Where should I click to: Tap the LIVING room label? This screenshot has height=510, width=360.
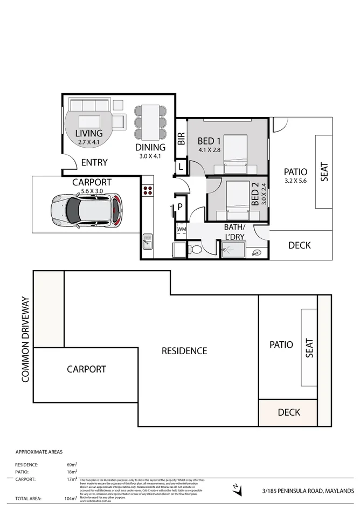[89, 133]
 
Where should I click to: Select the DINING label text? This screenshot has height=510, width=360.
[150, 147]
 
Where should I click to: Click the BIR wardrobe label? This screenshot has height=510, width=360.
[181, 139]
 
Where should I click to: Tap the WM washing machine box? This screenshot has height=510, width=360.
[181, 230]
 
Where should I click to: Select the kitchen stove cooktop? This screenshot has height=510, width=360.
[148, 190]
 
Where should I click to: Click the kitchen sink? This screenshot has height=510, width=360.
[148, 240]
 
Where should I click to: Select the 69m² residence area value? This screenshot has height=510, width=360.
[71, 464]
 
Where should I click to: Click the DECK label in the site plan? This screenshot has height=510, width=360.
[288, 412]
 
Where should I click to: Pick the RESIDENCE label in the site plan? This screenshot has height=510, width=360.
[184, 351]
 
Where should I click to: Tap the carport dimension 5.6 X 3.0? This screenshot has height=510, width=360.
[92, 190]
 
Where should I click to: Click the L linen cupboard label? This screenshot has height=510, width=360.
[181, 168]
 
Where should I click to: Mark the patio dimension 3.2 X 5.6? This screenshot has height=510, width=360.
[295, 181]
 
